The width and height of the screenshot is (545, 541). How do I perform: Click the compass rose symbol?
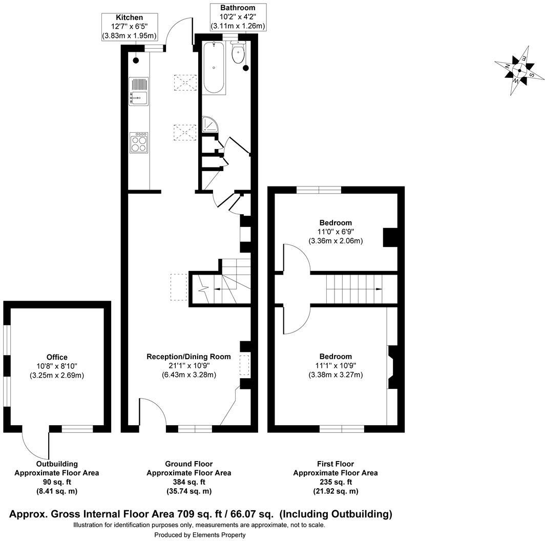(x=519, y=71)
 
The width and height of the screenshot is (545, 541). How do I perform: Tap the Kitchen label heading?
(x=129, y=17)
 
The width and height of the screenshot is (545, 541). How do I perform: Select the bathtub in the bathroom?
(x=214, y=68)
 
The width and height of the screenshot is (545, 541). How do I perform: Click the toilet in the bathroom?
(x=238, y=53)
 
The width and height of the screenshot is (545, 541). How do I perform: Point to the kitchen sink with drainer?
(x=139, y=92)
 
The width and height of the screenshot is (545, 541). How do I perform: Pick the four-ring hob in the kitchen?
(x=139, y=142)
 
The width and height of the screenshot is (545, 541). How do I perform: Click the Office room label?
(x=56, y=357)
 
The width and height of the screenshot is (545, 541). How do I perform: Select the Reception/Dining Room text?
(x=188, y=357)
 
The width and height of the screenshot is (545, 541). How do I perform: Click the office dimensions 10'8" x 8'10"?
(x=56, y=366)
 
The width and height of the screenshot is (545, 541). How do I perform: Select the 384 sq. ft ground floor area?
(x=188, y=482)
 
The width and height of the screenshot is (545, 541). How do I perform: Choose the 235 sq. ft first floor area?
(x=336, y=482)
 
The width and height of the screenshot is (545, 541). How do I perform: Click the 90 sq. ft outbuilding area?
(x=56, y=482)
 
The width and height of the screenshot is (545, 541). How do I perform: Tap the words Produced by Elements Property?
(x=200, y=535)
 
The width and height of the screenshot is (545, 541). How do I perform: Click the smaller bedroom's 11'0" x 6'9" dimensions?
(x=336, y=232)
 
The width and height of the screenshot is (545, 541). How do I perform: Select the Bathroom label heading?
(x=237, y=8)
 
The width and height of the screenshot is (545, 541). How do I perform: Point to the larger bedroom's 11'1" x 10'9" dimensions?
(x=336, y=366)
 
